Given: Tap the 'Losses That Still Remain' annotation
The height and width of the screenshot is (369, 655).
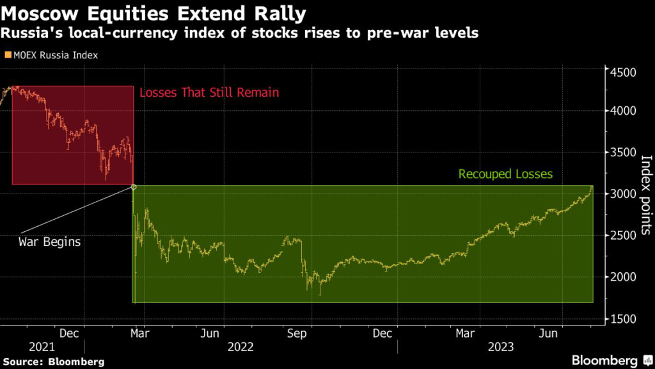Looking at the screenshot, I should coord(209,92).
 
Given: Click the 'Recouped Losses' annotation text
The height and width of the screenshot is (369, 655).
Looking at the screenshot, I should coord(505,174).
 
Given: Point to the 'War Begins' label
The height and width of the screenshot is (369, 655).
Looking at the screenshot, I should coord(50,242).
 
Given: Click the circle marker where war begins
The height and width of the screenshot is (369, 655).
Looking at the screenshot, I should coord(133,186).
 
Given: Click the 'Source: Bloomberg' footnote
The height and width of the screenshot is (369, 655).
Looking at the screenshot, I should coord(52,361).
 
